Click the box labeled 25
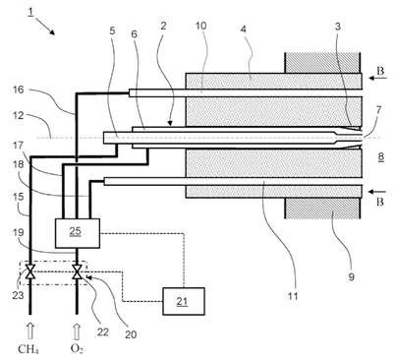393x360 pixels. [x=78, y=233]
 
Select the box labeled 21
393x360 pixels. [x=184, y=301]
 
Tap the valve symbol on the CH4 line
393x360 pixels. [x=30, y=271]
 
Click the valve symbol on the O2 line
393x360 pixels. [x=78, y=271]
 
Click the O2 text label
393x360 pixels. [x=77, y=349]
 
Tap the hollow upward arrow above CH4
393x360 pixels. [x=30, y=331]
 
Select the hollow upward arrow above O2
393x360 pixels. [x=77, y=331]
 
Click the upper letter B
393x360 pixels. [x=380, y=71]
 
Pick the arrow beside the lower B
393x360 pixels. [x=374, y=192]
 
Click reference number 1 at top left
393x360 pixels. [x=30, y=12]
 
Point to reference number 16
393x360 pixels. [x=19, y=90]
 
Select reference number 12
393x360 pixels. [x=19, y=116]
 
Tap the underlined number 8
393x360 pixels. [x=381, y=156]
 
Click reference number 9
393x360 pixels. [x=351, y=277]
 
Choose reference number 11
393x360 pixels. [x=293, y=296]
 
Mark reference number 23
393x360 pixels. [x=18, y=295]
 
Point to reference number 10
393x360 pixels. [x=201, y=26]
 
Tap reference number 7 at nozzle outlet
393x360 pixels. [x=378, y=110]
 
